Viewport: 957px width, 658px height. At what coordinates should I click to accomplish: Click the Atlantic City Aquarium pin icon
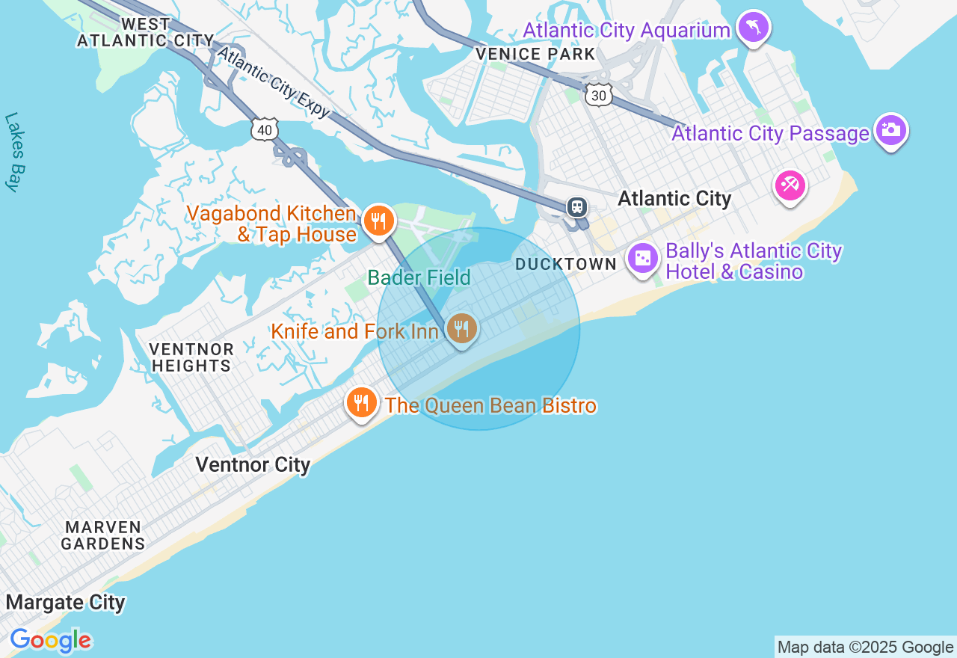[x=753, y=28]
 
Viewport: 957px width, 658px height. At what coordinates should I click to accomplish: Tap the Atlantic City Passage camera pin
[x=890, y=130]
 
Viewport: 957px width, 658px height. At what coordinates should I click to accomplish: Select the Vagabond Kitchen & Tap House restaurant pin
[x=379, y=221]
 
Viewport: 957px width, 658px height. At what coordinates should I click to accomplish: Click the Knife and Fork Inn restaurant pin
[x=462, y=328]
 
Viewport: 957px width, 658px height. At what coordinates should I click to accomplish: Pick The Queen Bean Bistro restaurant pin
[x=362, y=403]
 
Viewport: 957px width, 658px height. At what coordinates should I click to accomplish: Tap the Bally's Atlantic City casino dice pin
[x=642, y=259]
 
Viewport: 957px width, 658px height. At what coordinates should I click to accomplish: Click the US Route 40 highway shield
[x=265, y=130]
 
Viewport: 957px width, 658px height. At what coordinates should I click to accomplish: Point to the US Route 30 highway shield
[x=599, y=94]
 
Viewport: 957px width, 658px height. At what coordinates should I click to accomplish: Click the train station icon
[x=577, y=207]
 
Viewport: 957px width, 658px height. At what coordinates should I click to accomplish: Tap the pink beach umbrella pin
[x=790, y=184]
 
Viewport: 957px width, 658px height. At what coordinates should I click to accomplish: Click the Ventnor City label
[x=253, y=464]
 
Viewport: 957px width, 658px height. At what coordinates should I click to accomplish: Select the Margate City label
[x=66, y=602]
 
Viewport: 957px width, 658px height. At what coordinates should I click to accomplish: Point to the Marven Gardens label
[x=103, y=535]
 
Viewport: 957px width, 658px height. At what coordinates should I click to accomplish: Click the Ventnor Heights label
[x=191, y=357]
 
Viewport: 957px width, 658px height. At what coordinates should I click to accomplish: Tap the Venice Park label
[x=536, y=54]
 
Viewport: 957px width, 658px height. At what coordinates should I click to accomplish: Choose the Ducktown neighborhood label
[x=566, y=264]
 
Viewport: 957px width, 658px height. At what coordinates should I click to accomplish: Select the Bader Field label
[x=419, y=278]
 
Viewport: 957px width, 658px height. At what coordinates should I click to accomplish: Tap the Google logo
[x=51, y=641]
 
